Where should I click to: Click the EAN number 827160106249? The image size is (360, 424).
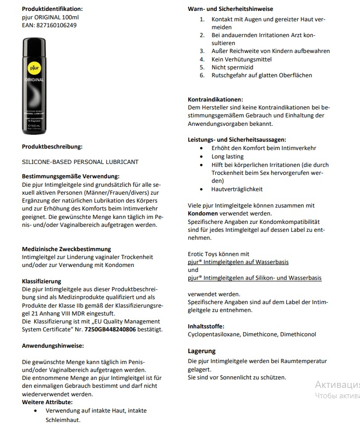tap(56, 25)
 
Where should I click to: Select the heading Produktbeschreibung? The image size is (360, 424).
tap(52, 147)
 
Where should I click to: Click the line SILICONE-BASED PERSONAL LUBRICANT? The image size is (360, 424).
tap(80, 162)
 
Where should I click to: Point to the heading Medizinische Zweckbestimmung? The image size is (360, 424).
tap(66, 249)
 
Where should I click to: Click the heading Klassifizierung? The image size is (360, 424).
tap(42, 281)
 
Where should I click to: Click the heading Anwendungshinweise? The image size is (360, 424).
tap(53, 345)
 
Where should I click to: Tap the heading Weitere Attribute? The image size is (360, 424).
tap(47, 402)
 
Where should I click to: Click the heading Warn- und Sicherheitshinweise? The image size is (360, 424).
tap(230, 9)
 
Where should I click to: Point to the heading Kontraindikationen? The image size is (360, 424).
tap(215, 99)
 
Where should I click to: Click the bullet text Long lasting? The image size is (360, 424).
tap(227, 157)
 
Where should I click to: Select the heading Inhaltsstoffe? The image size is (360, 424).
tap(206, 326)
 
